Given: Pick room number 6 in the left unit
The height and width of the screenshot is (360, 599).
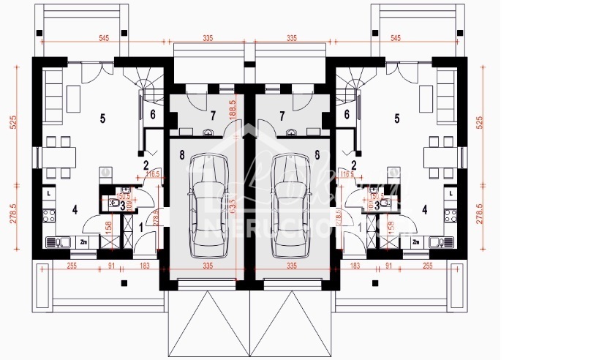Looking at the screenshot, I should (153, 114).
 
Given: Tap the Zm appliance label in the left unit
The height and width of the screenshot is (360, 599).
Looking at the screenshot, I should (84, 241).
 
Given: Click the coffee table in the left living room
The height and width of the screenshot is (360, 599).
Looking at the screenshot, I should (76, 95).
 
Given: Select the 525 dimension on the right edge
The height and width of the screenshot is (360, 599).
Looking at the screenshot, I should (481, 123).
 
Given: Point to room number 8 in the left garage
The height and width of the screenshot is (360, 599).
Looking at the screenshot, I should (181, 154).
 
